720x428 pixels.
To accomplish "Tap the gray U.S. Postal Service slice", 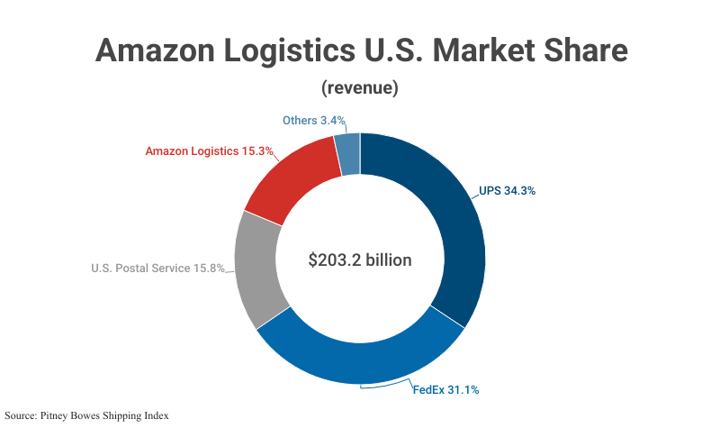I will pos(261,270).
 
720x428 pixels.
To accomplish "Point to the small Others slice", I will pos(348,154).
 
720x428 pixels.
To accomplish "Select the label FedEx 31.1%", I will pos(445,390).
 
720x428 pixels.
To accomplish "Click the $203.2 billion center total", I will pos(360,260).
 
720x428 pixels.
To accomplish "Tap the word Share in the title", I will pos(589,50).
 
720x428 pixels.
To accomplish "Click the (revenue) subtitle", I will pos(360,88).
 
